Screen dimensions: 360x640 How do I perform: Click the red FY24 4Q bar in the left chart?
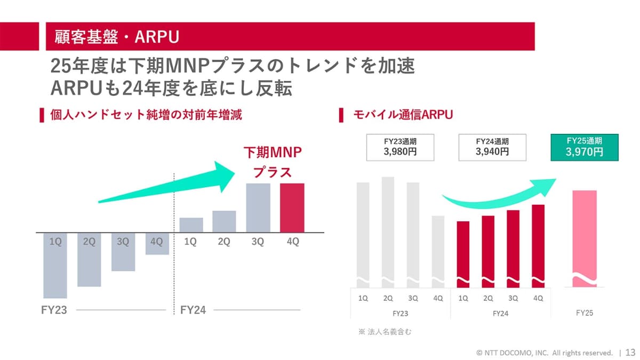[292, 207]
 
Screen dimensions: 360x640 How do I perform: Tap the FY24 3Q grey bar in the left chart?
[258, 207]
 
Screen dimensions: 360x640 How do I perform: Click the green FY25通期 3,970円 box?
[584, 147]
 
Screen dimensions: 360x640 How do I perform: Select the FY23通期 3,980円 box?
[400, 147]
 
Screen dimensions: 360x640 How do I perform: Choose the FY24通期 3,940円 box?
[492, 147]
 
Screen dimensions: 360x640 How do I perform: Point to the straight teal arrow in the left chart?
[171, 184]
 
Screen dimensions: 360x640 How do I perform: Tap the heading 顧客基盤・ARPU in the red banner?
[116, 36]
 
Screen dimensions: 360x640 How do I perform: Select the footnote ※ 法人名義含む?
[385, 332]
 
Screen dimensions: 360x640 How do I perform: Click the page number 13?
[630, 353]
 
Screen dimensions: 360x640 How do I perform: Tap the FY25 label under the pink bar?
[584, 313]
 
